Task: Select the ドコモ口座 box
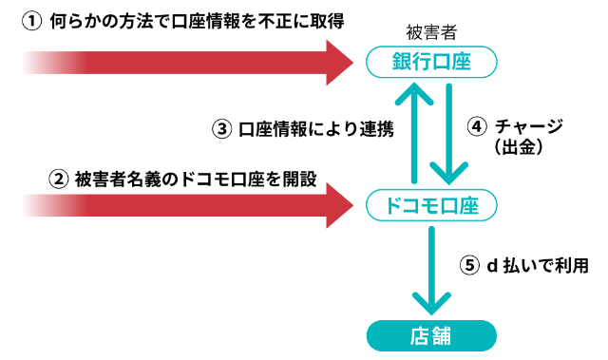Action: click(x=431, y=203)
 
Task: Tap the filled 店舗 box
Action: click(x=431, y=335)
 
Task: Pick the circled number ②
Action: click(x=59, y=178)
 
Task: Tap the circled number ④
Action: click(x=478, y=127)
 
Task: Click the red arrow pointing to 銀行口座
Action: click(x=190, y=64)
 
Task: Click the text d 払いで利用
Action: click(x=537, y=266)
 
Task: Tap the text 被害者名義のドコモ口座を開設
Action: click(x=195, y=178)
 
